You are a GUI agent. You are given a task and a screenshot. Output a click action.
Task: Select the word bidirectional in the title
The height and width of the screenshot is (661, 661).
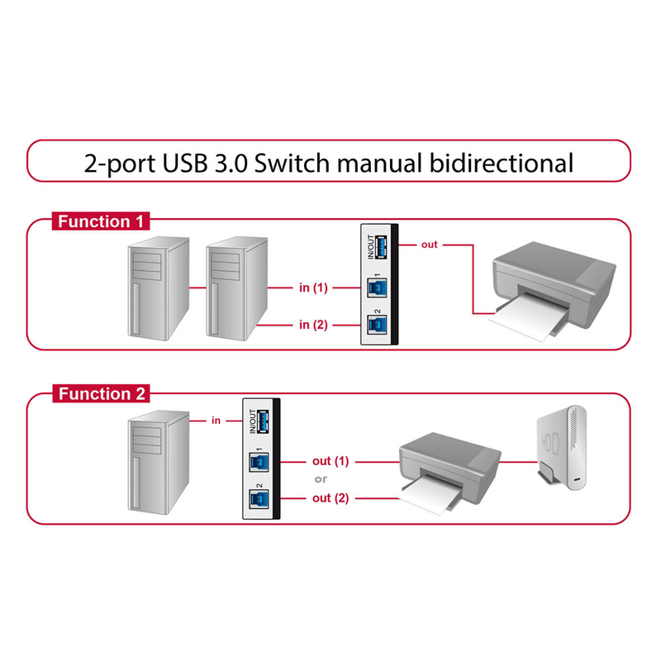tap(501, 162)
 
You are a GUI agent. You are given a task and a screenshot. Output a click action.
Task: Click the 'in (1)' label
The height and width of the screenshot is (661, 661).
tap(313, 288)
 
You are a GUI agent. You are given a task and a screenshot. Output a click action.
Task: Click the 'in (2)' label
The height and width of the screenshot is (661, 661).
tap(313, 325)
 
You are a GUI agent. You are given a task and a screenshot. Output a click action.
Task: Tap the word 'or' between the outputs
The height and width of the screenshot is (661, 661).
tap(321, 479)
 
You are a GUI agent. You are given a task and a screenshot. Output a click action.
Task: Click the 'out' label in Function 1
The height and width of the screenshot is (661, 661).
tap(429, 245)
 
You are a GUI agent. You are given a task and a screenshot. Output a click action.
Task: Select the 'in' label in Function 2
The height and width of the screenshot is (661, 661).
tap(216, 421)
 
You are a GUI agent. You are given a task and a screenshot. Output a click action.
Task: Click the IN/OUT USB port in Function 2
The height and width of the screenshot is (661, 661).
tap(263, 421)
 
